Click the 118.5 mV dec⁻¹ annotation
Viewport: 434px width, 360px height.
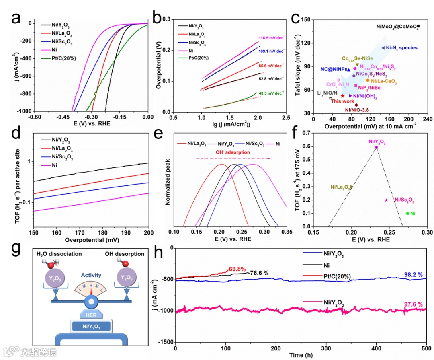273,37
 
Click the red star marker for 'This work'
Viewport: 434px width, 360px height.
342,96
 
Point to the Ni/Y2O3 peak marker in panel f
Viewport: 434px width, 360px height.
377,148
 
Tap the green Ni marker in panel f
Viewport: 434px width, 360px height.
407,214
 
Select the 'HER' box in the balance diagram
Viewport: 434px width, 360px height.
91,315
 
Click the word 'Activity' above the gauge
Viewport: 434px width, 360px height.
91,276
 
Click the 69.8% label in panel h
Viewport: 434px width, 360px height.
237,269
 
